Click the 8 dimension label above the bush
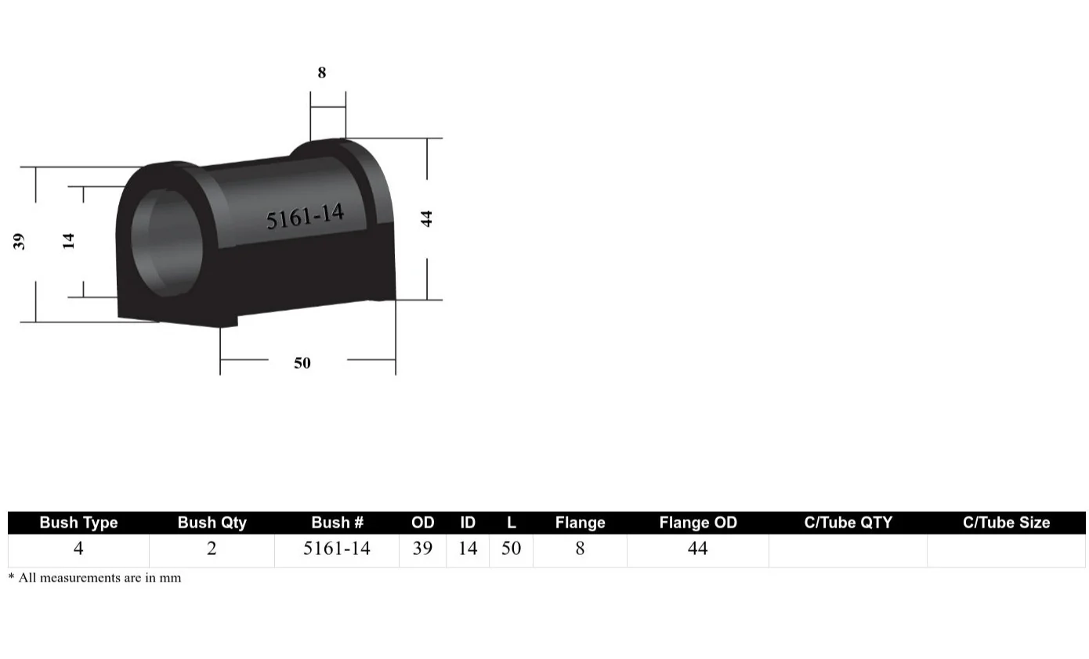pyautogui.click(x=321, y=73)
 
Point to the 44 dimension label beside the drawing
pyautogui.click(x=427, y=218)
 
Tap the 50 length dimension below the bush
pyautogui.click(x=302, y=363)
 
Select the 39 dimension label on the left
pyautogui.click(x=20, y=241)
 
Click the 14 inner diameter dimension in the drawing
pyautogui.click(x=69, y=240)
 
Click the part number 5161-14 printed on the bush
pyautogui.click(x=305, y=216)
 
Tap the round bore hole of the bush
pyautogui.click(x=166, y=241)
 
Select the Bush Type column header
pyautogui.click(x=78, y=523)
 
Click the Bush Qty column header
pyautogui.click(x=212, y=523)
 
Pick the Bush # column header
pyautogui.click(x=337, y=523)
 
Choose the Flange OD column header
pyautogui.click(x=698, y=523)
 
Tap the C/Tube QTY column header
pyautogui.click(x=848, y=523)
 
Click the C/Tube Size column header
pyautogui.click(x=1006, y=523)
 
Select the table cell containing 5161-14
pyautogui.click(x=337, y=549)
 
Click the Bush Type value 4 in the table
pyautogui.click(x=78, y=549)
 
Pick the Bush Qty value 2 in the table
pyautogui.click(x=212, y=549)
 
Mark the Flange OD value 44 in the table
pyautogui.click(x=698, y=549)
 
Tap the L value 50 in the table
pyautogui.click(x=511, y=549)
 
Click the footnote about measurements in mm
pyautogui.click(x=95, y=578)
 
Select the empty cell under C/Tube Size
pyautogui.click(x=1006, y=550)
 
